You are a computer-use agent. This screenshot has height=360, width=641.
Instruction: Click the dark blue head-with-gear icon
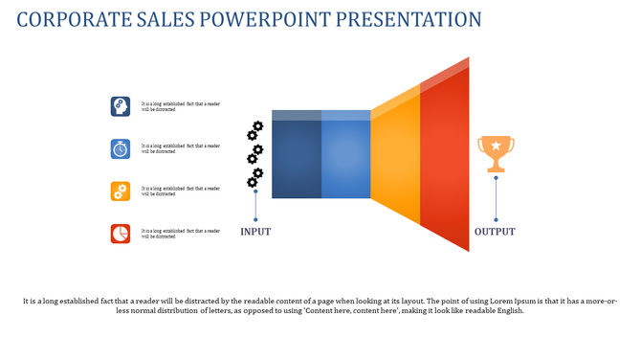(x=121, y=106)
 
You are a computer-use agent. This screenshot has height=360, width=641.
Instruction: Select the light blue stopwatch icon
(x=121, y=148)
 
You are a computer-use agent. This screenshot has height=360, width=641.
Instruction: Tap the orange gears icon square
(x=121, y=191)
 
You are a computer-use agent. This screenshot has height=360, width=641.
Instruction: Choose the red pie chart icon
(x=121, y=234)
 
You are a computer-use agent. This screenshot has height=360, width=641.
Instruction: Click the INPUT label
(x=255, y=232)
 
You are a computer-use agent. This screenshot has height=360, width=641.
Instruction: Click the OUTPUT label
(x=495, y=232)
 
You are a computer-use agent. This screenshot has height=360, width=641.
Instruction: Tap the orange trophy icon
(x=496, y=154)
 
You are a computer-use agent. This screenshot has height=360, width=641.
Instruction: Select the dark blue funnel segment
(x=297, y=159)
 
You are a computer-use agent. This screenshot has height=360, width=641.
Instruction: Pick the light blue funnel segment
(x=345, y=159)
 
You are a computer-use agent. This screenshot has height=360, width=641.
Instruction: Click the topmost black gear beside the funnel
(x=256, y=127)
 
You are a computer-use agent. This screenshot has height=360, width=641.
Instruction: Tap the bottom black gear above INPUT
(x=253, y=182)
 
